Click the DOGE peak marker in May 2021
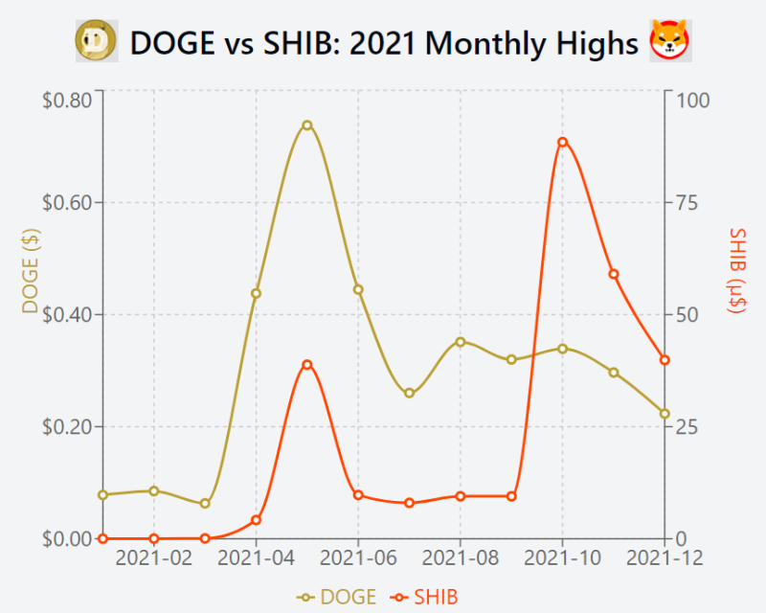tap(307, 125)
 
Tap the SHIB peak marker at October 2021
tap(562, 142)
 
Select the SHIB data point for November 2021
tap(614, 274)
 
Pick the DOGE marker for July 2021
tap(409, 393)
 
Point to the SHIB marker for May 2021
tap(307, 364)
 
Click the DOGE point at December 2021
tap(665, 414)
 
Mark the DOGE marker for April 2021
tap(256, 293)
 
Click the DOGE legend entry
tap(337, 597)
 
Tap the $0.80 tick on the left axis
tap(66, 99)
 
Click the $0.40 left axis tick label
tap(66, 315)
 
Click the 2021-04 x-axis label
tap(256, 558)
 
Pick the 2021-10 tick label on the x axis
tap(562, 558)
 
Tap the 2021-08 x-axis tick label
tap(460, 558)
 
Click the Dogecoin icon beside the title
tap(97, 41)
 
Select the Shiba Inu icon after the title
tap(671, 41)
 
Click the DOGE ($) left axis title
tap(30, 274)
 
